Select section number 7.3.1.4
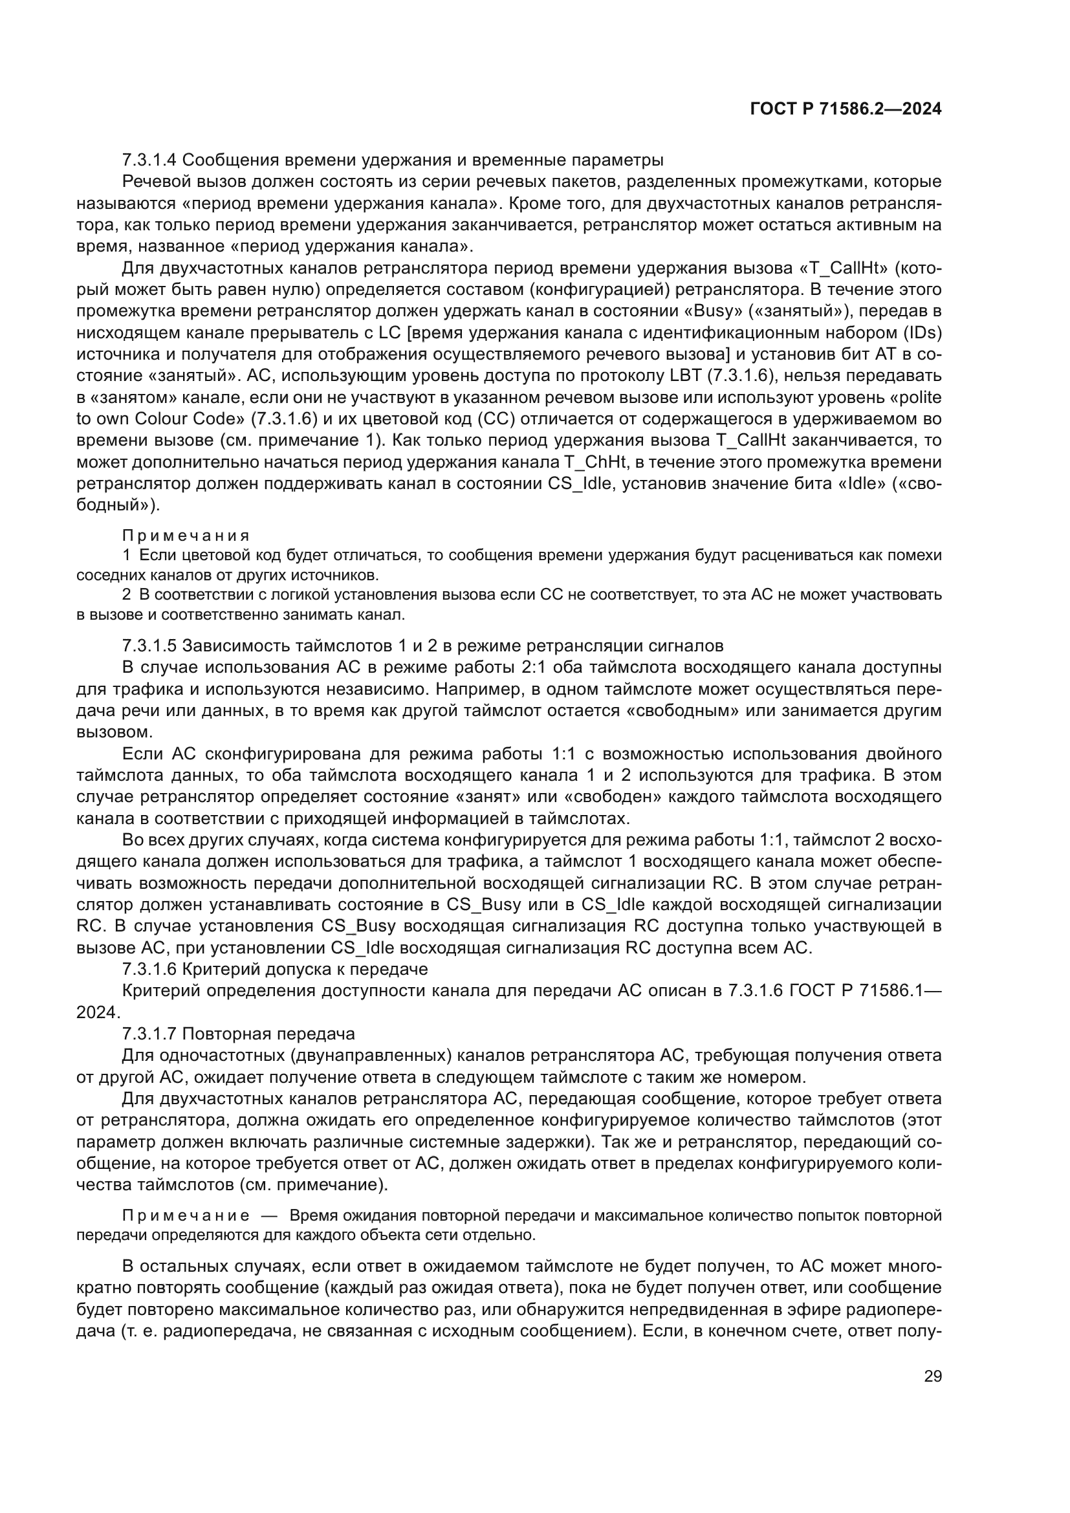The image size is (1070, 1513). click(149, 160)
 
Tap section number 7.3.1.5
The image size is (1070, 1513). click(149, 645)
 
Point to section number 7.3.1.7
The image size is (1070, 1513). click(149, 1033)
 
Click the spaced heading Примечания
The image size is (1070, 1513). click(186, 536)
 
